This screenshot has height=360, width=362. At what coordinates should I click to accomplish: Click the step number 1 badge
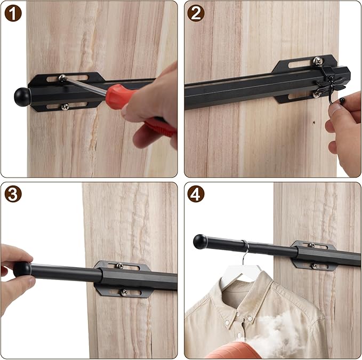coord(13,13)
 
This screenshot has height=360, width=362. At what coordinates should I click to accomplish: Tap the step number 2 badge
coord(196,13)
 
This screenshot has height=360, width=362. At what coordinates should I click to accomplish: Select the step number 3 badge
coord(13,194)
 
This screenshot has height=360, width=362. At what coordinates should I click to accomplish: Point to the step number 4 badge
coord(196,194)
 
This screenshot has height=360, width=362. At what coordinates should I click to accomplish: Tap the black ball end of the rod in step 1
coord(22,97)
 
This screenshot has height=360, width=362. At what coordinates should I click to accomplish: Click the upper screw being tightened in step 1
coord(62,77)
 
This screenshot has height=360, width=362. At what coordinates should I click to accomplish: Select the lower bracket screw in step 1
coord(65,107)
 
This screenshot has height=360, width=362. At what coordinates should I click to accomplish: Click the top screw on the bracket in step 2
coord(318,61)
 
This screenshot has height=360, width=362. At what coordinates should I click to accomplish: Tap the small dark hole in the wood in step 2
coord(314,122)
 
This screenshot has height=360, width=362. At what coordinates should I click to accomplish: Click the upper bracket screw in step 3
coord(119,266)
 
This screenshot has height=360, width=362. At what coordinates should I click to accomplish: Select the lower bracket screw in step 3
coord(124,292)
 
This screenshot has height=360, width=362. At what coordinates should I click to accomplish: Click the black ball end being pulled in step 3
coord(22,269)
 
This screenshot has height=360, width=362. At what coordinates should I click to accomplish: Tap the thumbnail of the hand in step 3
coord(29,283)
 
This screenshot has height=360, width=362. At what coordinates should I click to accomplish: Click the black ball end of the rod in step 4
coord(200,242)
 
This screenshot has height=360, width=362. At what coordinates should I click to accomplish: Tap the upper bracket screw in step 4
coord(312,245)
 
